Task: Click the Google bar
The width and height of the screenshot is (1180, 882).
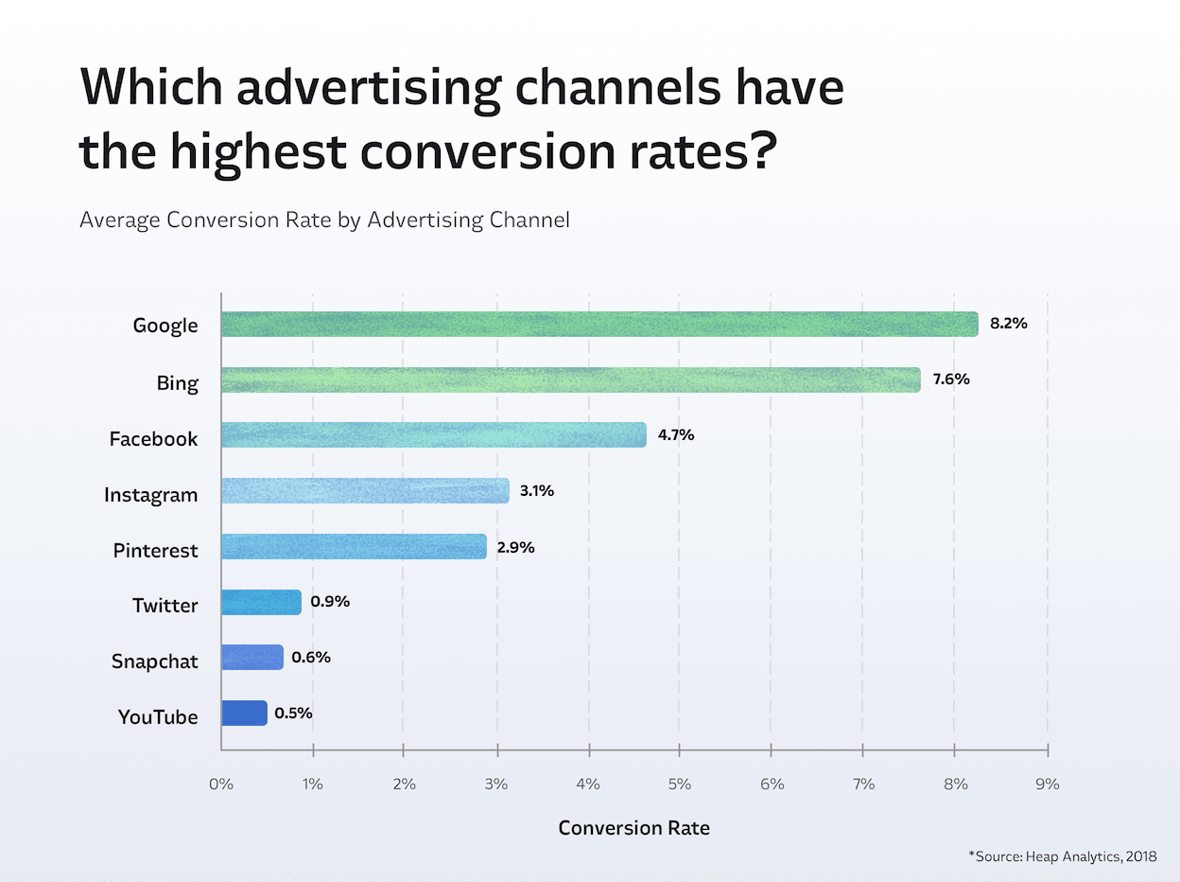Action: pyautogui.click(x=599, y=325)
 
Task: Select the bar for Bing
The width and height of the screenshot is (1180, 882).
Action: pyautogui.click(x=570, y=380)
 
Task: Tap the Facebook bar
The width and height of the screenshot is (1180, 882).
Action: pyautogui.click(x=433, y=435)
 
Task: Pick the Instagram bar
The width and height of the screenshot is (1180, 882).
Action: pyautogui.click(x=365, y=491)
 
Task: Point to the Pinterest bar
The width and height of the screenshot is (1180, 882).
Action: pyautogui.click(x=354, y=547)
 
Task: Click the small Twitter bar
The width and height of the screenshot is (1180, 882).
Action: pyautogui.click(x=261, y=602)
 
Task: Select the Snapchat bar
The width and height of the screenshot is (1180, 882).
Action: pyautogui.click(x=252, y=657)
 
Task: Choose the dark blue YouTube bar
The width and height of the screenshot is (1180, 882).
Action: pyautogui.click(x=244, y=713)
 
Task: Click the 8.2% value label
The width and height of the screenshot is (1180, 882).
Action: pyautogui.click(x=1008, y=324)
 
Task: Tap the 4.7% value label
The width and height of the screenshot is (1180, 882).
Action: pyautogui.click(x=676, y=435)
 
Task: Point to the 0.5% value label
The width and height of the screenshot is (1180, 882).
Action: pyautogui.click(x=294, y=713)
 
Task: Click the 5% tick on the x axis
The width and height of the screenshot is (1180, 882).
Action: pyautogui.click(x=679, y=785)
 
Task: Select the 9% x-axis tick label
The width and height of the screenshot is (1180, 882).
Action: pyautogui.click(x=1047, y=785)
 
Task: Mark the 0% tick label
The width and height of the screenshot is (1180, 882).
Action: pyautogui.click(x=220, y=785)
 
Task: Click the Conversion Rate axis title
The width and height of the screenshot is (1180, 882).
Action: pyautogui.click(x=633, y=828)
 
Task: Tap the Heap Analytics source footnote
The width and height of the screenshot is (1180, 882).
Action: pyautogui.click(x=1062, y=856)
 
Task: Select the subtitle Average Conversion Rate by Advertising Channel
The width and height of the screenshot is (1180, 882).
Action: pyautogui.click(x=324, y=220)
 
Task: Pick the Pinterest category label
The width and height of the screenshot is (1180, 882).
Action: pyautogui.click(x=155, y=550)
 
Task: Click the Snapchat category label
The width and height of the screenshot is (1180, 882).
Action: pyautogui.click(x=154, y=661)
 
